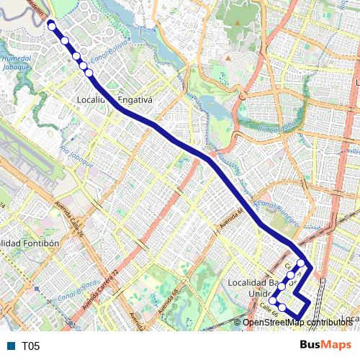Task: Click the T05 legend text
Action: [30, 346]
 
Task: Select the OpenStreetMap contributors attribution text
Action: [297, 323]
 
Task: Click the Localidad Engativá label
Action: [114, 100]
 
